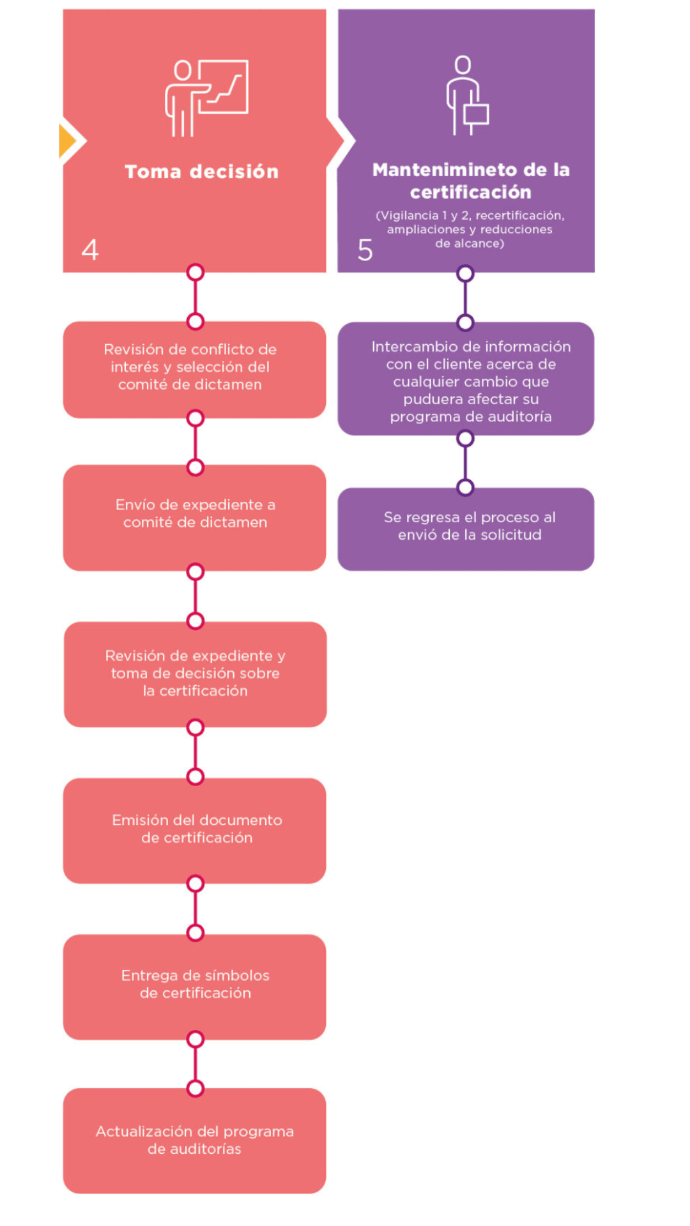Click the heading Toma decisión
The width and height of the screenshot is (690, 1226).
tap(202, 171)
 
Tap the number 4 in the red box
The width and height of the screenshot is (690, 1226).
tap(90, 250)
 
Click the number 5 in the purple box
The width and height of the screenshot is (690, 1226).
tap(365, 250)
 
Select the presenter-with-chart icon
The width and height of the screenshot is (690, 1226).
tap(206, 98)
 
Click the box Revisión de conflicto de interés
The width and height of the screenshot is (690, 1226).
tap(194, 370)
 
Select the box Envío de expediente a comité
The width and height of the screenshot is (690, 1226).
tap(194, 518)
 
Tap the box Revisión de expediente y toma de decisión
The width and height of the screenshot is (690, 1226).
tap(195, 674)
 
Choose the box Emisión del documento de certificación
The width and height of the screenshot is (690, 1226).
tap(194, 831)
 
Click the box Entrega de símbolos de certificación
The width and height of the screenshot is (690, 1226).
tap(194, 987)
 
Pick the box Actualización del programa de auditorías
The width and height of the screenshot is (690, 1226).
tap(194, 1141)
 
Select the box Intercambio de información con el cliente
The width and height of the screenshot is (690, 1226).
tap(466, 379)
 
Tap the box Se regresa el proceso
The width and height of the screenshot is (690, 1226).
tap(466, 529)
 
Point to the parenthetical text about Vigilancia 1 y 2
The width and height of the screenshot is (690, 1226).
tap(470, 229)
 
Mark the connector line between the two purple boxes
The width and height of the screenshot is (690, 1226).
tap(465, 463)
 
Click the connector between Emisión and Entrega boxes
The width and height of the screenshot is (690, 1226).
tap(195, 908)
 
